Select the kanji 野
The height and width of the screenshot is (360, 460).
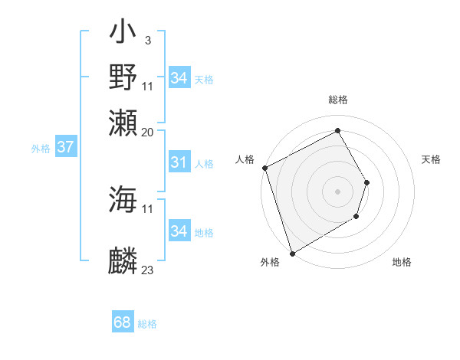(x=123, y=77)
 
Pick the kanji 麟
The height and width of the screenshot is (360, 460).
(x=123, y=261)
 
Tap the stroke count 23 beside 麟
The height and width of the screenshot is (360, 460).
(x=148, y=270)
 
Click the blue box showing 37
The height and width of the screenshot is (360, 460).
(x=65, y=147)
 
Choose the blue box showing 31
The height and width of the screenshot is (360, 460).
(x=179, y=162)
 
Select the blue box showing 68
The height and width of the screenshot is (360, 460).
(x=122, y=322)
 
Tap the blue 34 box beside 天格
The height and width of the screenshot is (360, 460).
(x=179, y=77)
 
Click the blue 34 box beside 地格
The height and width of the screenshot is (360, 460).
(x=179, y=231)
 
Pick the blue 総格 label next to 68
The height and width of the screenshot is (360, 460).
(x=147, y=324)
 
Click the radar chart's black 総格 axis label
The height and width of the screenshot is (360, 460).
(x=337, y=100)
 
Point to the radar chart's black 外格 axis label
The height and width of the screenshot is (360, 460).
(x=270, y=262)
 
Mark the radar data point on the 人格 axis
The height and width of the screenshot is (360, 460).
(x=264, y=168)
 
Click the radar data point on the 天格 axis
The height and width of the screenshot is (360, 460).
(x=367, y=182)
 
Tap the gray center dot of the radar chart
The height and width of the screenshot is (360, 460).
(x=337, y=191)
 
